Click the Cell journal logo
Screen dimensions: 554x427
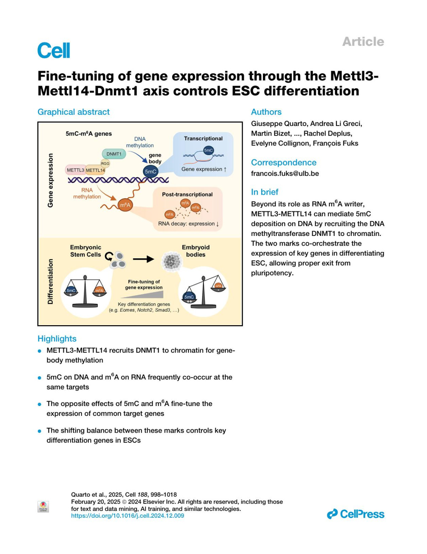coord(54,50)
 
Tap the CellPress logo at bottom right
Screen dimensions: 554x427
coord(355,514)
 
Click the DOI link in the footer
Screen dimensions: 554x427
coord(127,516)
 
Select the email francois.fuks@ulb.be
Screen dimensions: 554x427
coord(285,174)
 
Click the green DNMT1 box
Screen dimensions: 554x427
coord(114,154)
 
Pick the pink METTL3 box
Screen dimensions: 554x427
coord(75,170)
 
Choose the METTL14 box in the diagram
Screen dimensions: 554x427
coord(95,170)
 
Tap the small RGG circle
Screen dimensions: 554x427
coord(105,163)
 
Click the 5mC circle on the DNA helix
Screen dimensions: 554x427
coord(151,172)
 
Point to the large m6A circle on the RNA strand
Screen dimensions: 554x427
coord(125,205)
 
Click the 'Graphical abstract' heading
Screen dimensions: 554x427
coord(74,112)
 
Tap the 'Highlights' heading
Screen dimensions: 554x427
coord(57,339)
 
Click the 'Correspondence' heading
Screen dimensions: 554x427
coord(284,163)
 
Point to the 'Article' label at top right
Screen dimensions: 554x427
coord(363,42)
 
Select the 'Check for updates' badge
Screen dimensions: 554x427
coord(43,506)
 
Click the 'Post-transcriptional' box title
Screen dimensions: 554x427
coord(187,194)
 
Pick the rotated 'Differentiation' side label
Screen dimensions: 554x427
coord(50,281)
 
